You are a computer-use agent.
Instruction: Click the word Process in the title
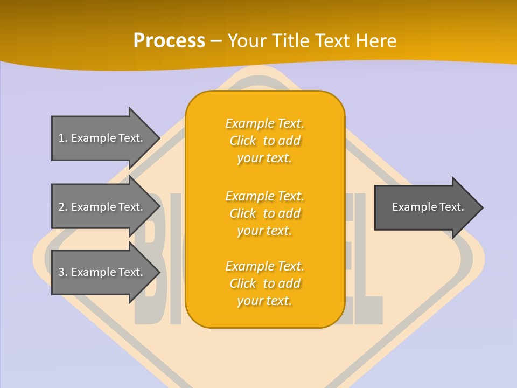coord(169,41)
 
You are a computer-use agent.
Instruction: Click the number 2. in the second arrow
coord(62,207)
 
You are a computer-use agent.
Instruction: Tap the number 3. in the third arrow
coord(62,272)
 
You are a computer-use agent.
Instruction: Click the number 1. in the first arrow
coord(62,138)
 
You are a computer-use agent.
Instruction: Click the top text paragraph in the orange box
coord(264,141)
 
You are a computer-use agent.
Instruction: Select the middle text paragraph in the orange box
coord(264,213)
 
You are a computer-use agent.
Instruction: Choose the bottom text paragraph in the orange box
coord(264,283)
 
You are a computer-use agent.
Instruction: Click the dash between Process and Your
coord(216,41)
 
